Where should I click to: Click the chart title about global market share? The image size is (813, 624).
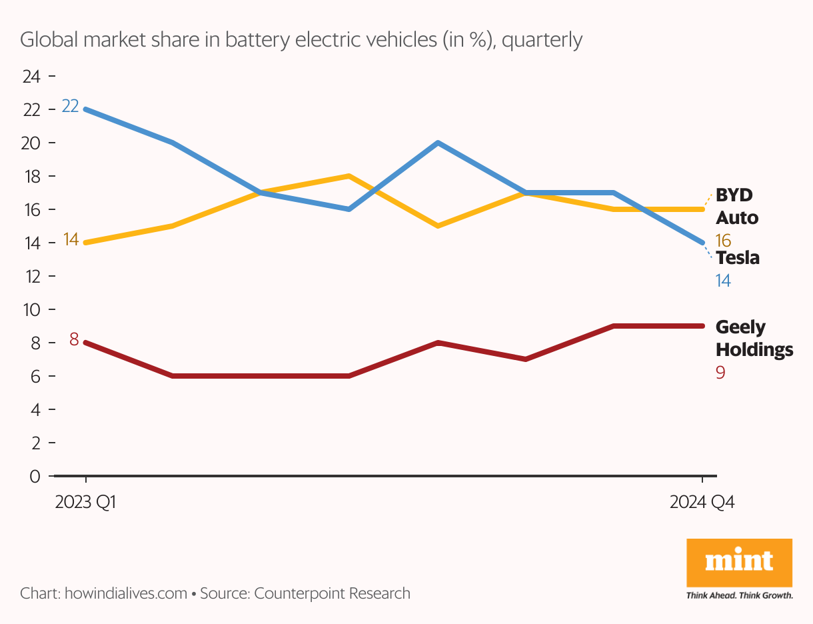[x=301, y=40]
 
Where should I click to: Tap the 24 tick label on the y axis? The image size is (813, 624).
[x=31, y=77]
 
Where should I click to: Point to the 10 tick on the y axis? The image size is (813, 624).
[x=31, y=310]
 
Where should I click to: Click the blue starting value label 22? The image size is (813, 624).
[x=70, y=106]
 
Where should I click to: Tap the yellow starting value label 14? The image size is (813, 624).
[x=71, y=240]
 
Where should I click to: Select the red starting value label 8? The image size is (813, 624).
[x=74, y=340]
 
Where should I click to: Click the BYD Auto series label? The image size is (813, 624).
[x=736, y=206]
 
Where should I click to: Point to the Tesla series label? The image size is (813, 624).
[x=738, y=258]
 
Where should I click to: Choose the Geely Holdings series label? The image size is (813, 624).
[x=754, y=338]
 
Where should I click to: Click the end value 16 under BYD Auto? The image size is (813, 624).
[x=723, y=241]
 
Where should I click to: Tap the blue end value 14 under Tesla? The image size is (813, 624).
[x=723, y=281]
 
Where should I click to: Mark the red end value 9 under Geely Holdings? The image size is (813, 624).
[x=720, y=372]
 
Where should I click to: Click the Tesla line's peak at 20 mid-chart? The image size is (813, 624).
[x=437, y=143]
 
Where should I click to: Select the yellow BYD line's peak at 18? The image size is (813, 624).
[x=349, y=176]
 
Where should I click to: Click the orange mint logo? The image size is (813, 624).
[x=739, y=563]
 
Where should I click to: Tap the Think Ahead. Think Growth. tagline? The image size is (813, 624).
[x=739, y=595]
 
